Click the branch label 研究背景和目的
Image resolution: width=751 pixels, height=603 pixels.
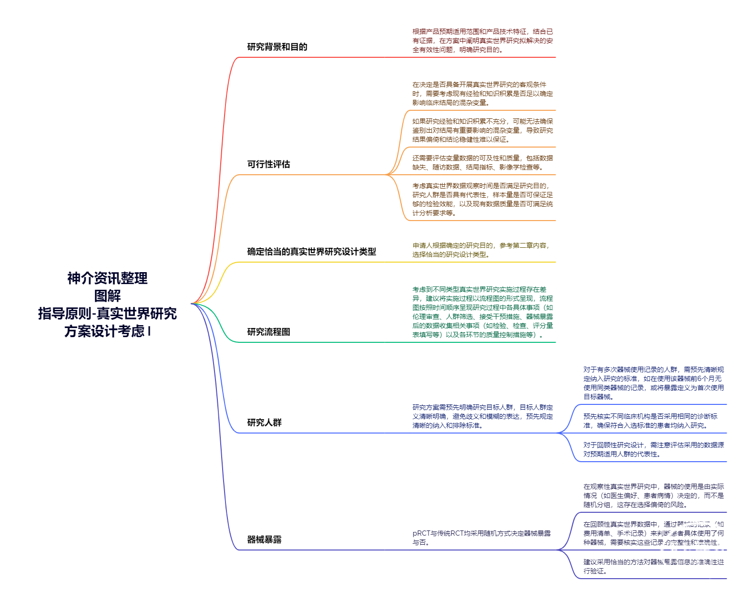277,47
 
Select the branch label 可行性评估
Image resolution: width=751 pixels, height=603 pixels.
268,164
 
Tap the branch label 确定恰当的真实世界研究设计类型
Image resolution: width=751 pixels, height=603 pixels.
311,252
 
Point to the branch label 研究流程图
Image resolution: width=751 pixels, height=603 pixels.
268,332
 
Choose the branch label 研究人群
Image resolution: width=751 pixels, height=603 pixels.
264,423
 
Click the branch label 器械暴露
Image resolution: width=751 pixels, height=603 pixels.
264,540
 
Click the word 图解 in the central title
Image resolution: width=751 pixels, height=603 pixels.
107,296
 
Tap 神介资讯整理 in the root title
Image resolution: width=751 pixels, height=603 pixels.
107,278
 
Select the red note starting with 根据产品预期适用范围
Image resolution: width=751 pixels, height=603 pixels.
483,41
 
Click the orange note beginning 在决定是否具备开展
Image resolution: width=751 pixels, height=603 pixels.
483,94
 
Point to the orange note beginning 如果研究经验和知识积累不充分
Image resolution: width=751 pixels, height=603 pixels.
483,130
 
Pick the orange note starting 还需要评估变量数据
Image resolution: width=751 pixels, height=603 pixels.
483,163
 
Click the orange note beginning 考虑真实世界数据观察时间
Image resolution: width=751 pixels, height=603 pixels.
483,200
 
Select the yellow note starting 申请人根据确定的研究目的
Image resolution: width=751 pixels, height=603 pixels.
481,250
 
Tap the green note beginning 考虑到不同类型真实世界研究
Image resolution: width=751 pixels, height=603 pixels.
483,312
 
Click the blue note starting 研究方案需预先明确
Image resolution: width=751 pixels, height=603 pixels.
483,416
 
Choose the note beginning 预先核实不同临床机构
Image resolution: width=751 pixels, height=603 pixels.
650,421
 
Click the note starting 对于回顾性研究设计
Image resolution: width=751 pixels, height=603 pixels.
653,450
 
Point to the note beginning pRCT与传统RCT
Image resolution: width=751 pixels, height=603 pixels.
482,538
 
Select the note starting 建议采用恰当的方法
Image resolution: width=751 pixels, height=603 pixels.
653,567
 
